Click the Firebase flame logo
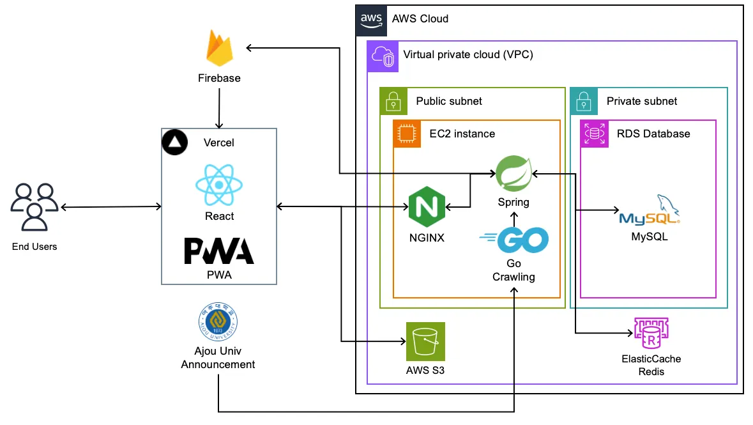[x=219, y=50]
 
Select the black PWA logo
[x=219, y=251]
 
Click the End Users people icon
[x=34, y=206]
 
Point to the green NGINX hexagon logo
[x=426, y=207]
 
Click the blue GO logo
[x=514, y=240]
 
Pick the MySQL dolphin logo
[x=650, y=211]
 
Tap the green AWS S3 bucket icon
[x=425, y=341]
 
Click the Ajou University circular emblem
[x=218, y=323]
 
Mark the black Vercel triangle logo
[x=172, y=143]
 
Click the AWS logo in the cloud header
[x=371, y=19]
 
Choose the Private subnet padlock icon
[x=584, y=101]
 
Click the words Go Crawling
[x=513, y=270]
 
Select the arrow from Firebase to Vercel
[x=219, y=109]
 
